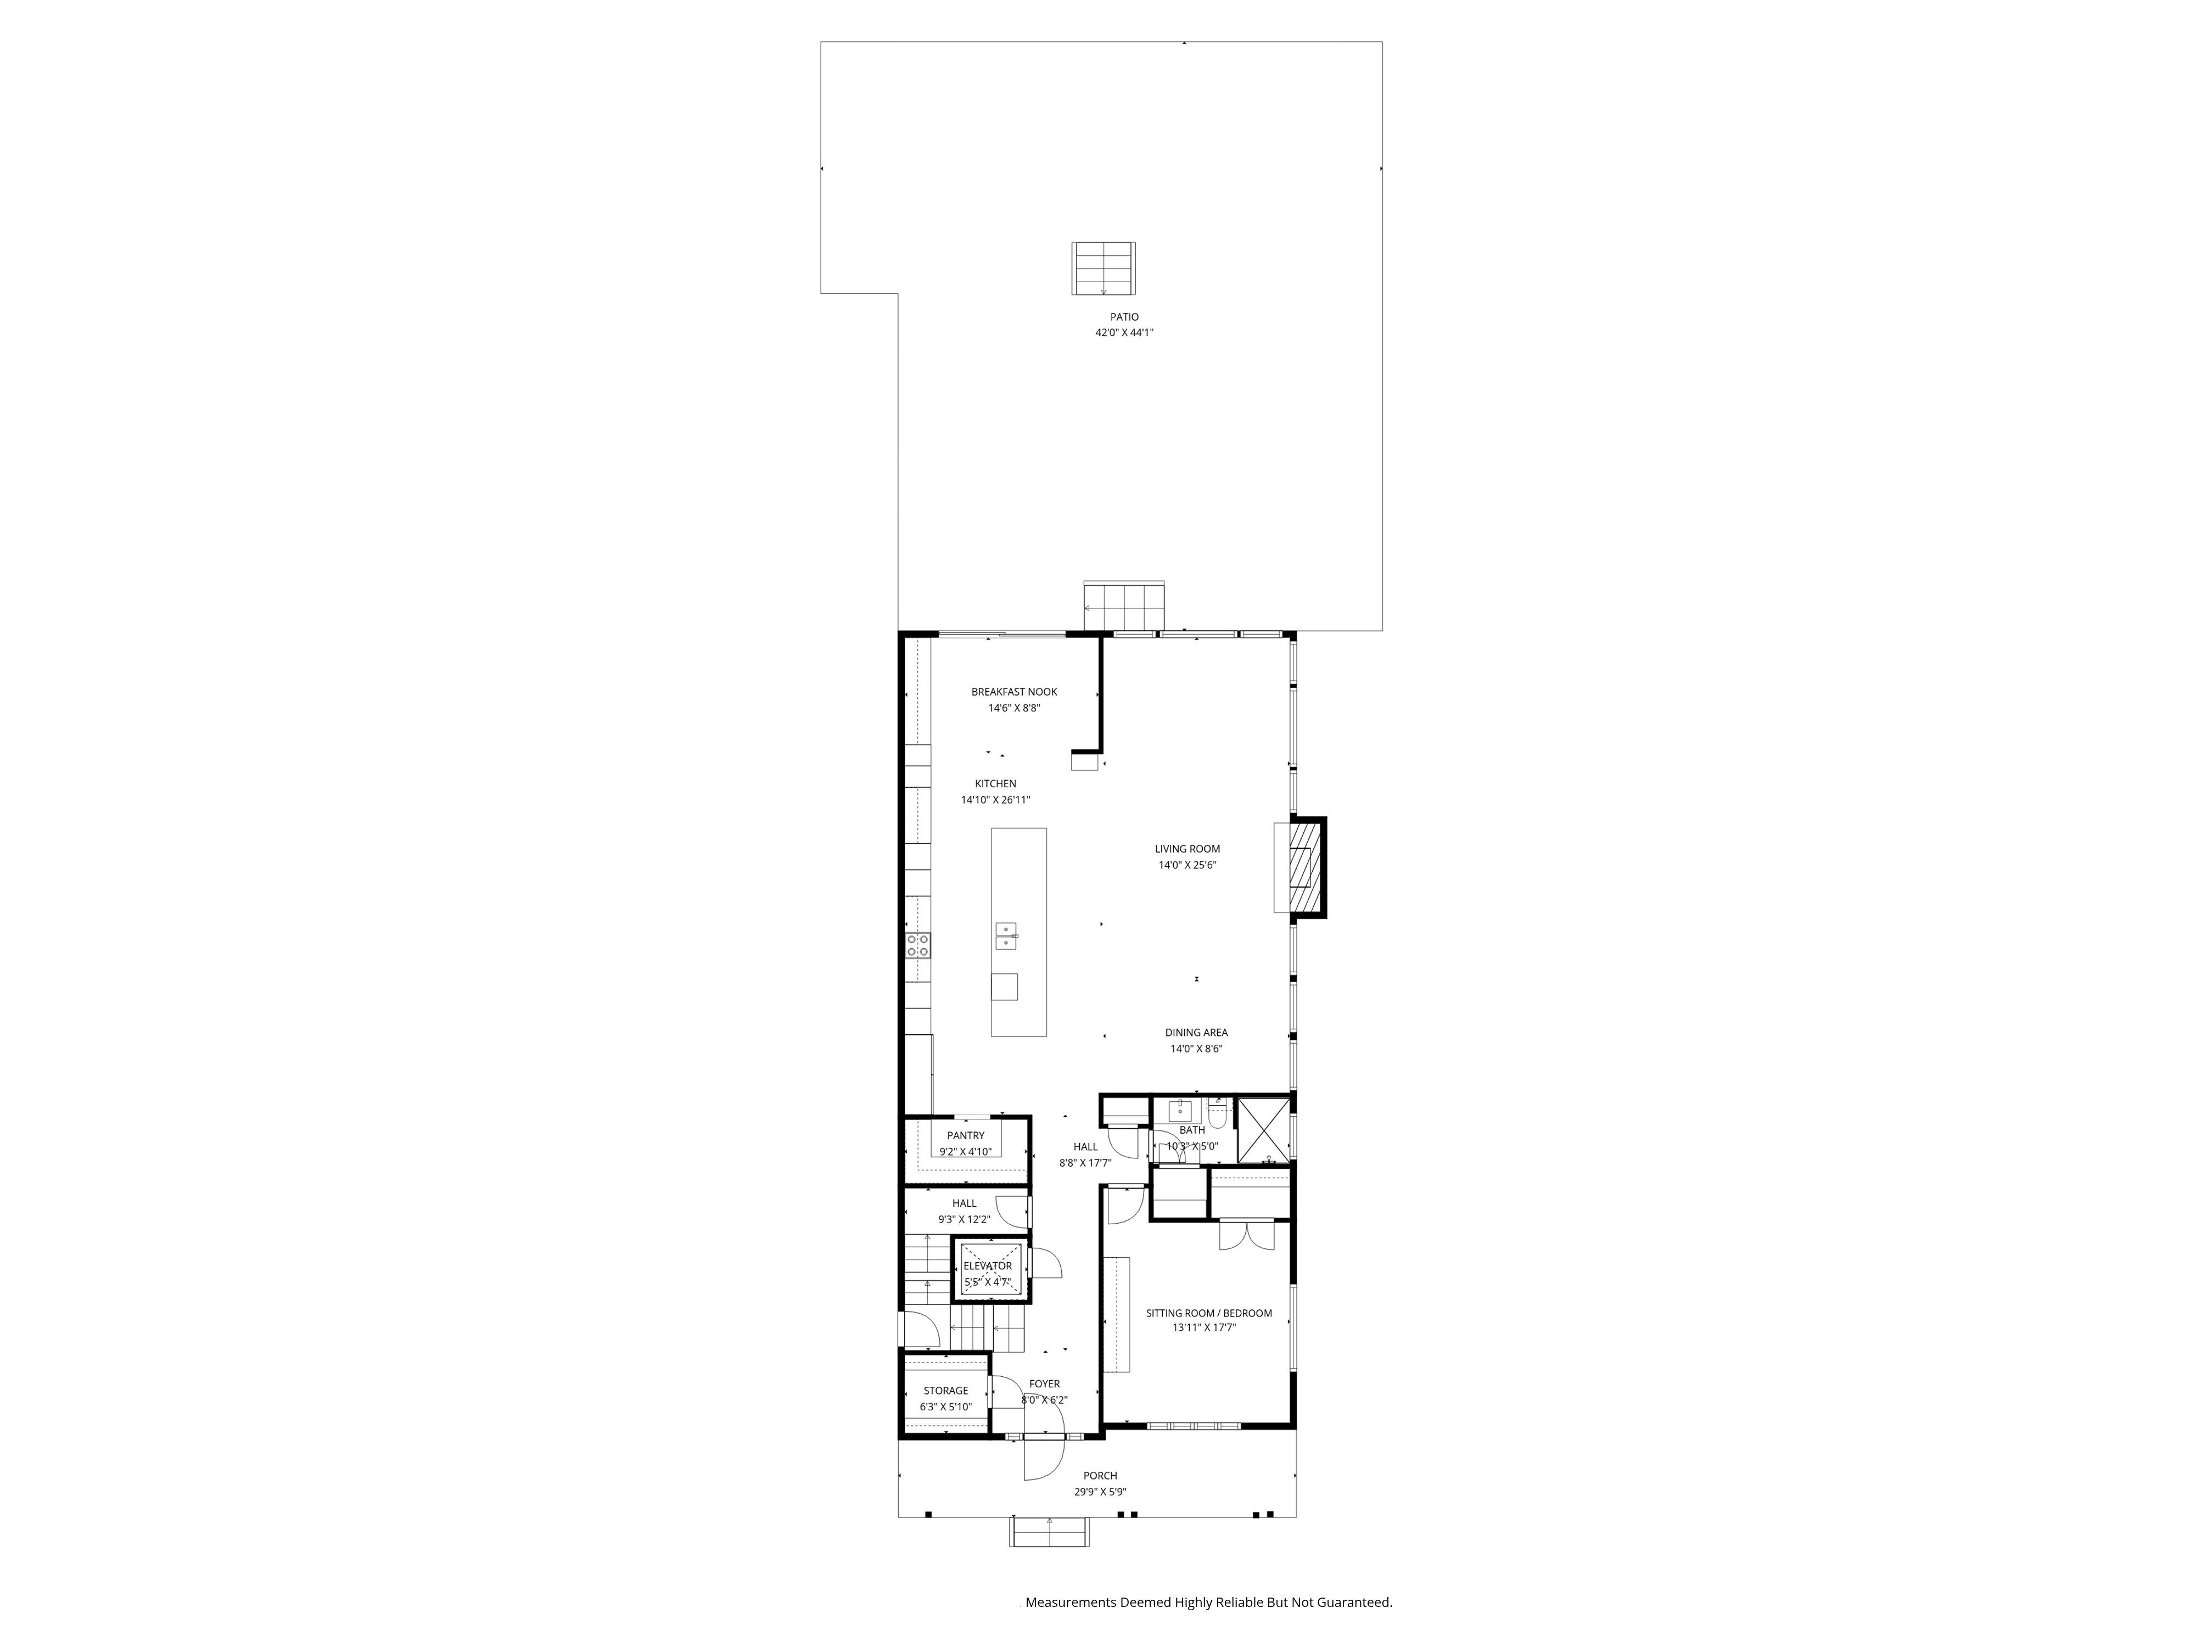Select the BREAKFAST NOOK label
1013,692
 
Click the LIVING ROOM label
1187,849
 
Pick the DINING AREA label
1196,1033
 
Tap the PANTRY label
966,1136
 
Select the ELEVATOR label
988,1266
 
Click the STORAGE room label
945,1391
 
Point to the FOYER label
1044,1384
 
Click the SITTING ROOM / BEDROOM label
1208,1313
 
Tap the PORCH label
1100,1475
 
